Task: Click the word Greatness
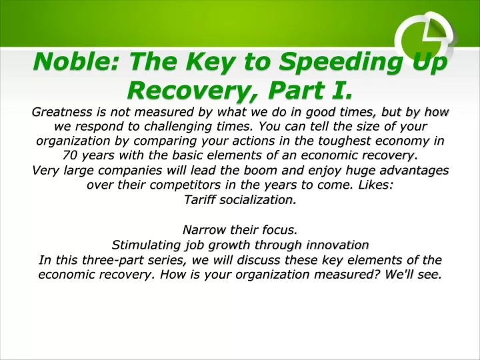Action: [x=62, y=112]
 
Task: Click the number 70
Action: [x=70, y=155]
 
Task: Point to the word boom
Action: [x=260, y=170]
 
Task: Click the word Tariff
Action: [x=199, y=199]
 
